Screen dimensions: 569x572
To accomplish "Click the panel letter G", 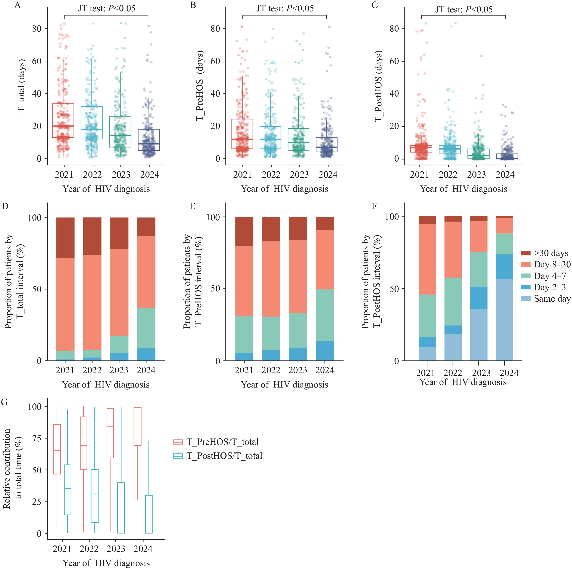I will point(4,402).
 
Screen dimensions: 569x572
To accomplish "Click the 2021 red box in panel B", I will point(242,134).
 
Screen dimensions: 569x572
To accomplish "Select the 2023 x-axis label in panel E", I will point(298,370).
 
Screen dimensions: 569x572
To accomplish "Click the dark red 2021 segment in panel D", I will point(65,237).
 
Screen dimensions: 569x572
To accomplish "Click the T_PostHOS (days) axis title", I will point(379,86).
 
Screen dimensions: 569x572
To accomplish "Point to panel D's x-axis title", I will point(106,385).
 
